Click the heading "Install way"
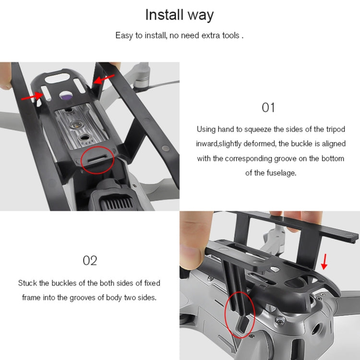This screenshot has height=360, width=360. [x=180, y=15]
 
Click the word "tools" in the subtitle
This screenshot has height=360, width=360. [x=231, y=36]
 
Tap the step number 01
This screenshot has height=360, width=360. [x=268, y=108]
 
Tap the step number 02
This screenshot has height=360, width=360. [x=90, y=261]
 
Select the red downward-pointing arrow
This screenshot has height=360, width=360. [x=324, y=262]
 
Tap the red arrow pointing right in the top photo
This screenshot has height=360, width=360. [x=32, y=96]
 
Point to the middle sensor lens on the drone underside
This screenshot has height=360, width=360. [x=76, y=125]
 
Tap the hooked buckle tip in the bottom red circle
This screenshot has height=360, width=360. [x=243, y=324]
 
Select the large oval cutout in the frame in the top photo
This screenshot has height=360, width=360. [x=58, y=79]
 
